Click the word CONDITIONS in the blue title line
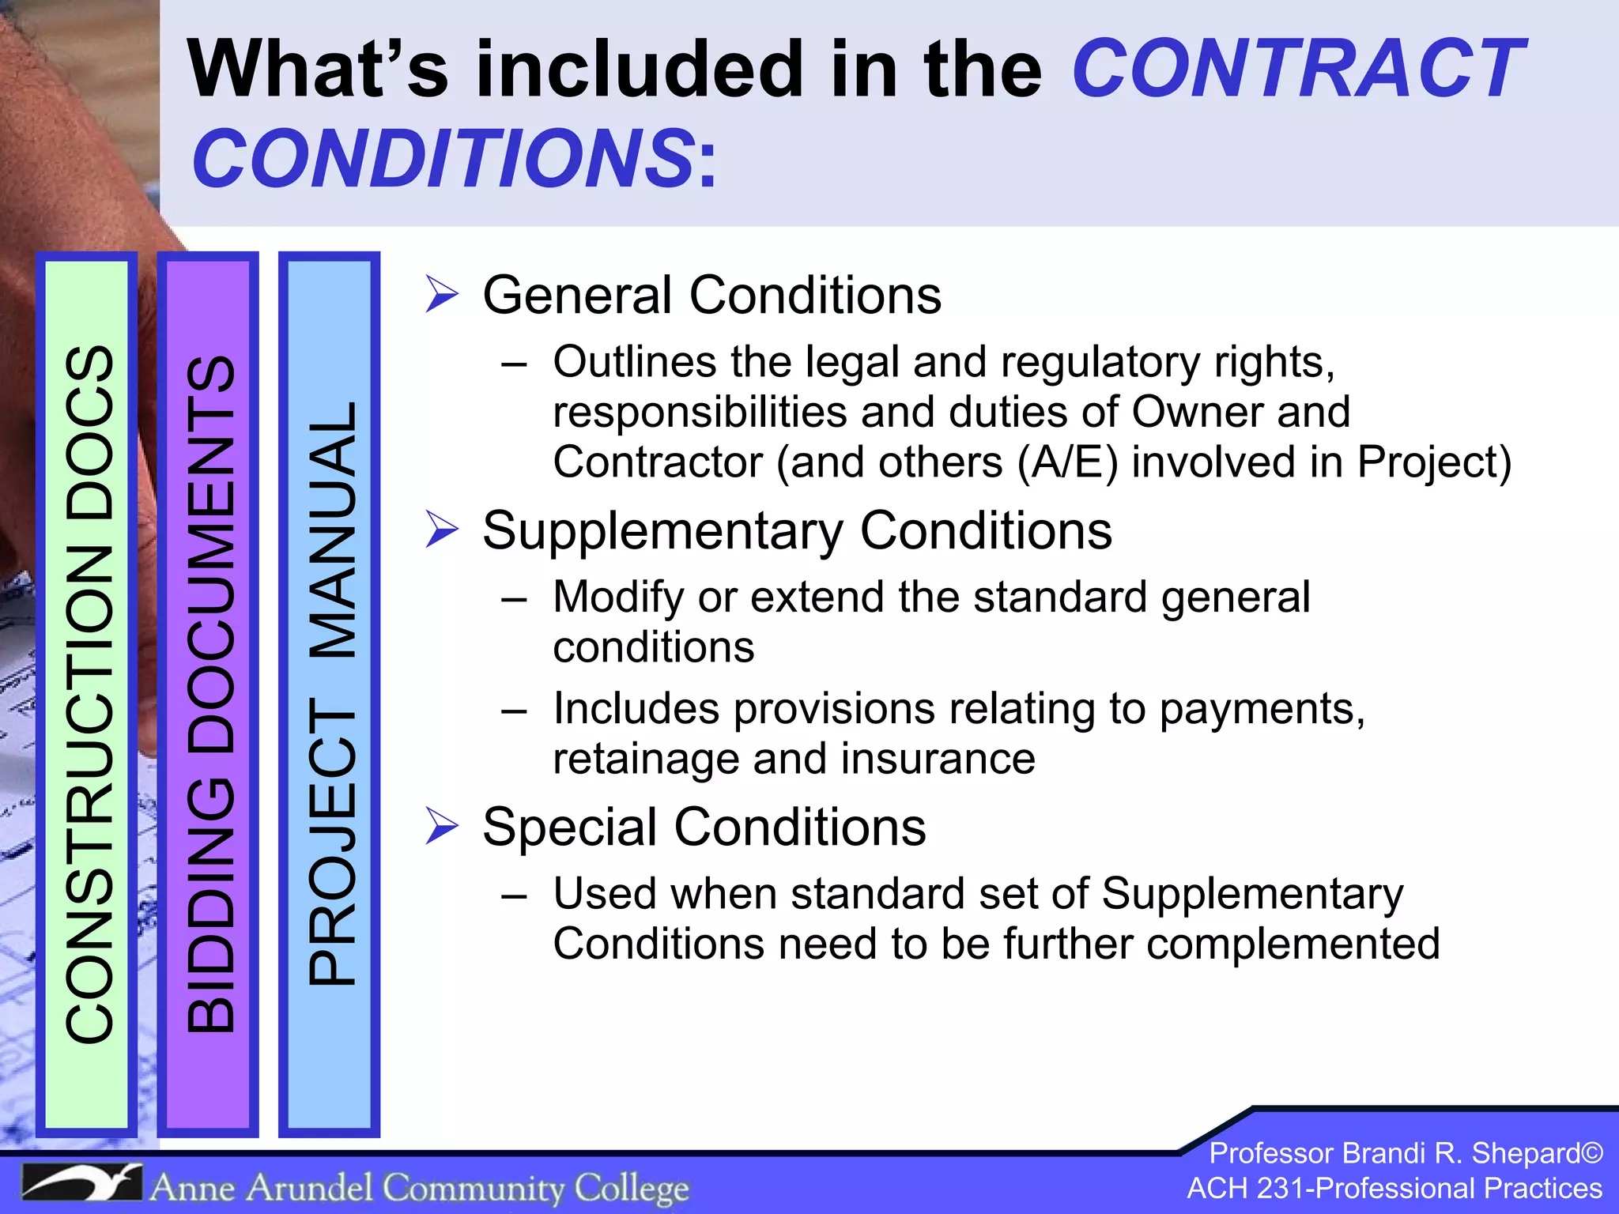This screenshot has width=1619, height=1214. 443,159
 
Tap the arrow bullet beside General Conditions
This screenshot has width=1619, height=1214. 441,294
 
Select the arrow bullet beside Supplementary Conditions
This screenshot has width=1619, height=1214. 441,529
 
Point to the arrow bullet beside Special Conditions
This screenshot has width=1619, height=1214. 441,826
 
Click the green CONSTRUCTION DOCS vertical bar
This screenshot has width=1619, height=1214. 87,694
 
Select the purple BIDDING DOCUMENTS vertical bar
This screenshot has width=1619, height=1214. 209,694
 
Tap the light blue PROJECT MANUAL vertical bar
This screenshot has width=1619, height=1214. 330,694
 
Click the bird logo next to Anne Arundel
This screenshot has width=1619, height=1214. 81,1182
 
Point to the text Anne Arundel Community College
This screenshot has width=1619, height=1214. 419,1187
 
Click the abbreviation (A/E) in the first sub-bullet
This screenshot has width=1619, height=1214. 1067,462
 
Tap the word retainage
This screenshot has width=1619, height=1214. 646,759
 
